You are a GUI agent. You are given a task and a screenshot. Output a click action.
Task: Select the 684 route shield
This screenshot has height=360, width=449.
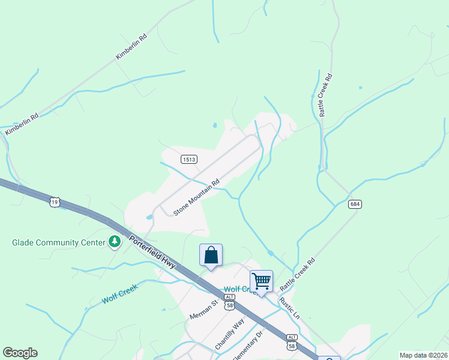click(355, 205)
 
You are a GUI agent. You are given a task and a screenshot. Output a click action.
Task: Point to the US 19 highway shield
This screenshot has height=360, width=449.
click(55, 202)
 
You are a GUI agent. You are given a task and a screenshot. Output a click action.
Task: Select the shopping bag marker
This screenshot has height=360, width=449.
click(211, 255)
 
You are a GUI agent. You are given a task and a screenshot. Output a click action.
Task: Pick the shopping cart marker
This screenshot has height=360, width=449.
click(261, 281)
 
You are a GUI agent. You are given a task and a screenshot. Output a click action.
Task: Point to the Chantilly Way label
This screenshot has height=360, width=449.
click(231, 335)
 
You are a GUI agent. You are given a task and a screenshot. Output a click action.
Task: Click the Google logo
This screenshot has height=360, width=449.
click(20, 353)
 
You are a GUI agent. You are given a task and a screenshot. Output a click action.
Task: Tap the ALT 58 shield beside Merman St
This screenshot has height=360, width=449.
click(229, 302)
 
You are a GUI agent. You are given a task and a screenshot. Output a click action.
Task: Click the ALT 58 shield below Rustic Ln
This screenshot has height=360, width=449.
click(292, 342)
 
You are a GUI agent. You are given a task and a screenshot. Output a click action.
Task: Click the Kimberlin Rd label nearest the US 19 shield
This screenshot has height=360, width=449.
click(21, 124)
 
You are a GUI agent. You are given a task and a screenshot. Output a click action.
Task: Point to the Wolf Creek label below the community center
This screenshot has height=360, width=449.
click(119, 293)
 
